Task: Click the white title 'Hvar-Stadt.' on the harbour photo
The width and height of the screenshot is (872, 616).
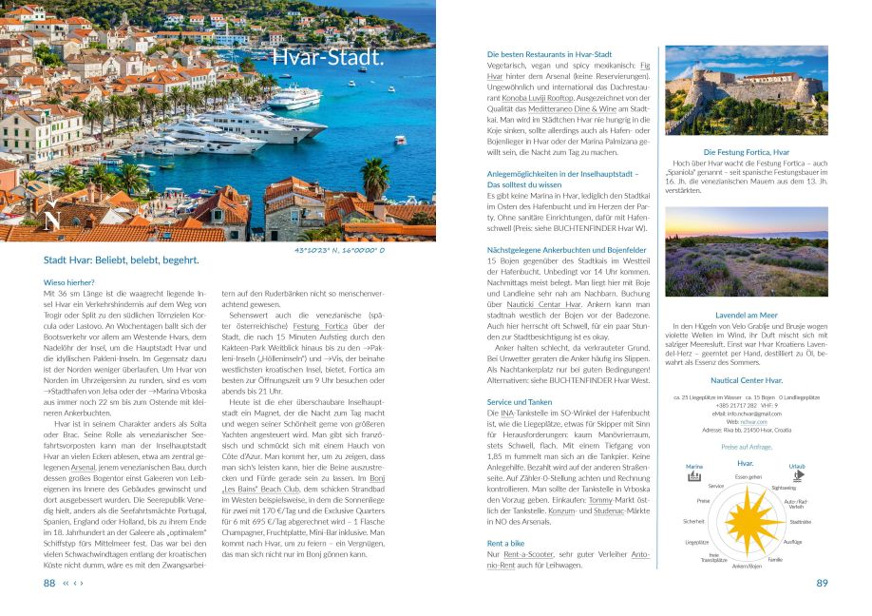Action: (328, 58)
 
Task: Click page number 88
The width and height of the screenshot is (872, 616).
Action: (49, 583)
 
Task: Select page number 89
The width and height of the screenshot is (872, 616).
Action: (823, 583)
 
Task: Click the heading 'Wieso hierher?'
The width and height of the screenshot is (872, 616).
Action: (68, 282)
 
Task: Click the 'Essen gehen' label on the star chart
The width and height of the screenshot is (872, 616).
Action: (748, 476)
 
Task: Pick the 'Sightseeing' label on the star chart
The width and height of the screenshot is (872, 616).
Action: (784, 486)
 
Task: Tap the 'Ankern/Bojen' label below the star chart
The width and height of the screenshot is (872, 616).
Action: (747, 566)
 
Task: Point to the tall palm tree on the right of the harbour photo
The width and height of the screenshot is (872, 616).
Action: (374, 178)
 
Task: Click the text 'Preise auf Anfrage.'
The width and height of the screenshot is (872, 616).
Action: (746, 446)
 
